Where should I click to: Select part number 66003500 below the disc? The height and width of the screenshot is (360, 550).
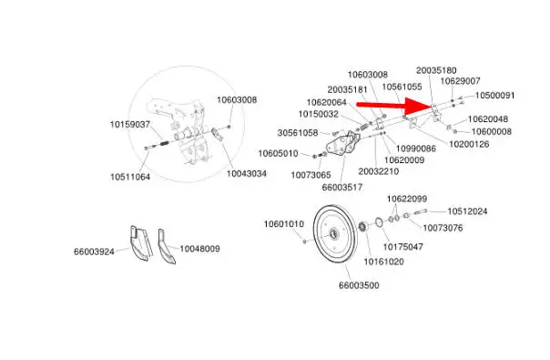(x=359, y=285)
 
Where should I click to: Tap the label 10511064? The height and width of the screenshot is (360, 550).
(x=130, y=177)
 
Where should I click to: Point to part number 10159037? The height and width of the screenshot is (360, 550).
(x=130, y=124)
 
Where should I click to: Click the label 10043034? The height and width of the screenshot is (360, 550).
(x=247, y=173)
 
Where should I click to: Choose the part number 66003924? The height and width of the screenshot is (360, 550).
(x=94, y=252)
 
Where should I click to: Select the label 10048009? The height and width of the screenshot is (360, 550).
(x=199, y=249)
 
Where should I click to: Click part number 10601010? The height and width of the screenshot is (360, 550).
(x=284, y=223)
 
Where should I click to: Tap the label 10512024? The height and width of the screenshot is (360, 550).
(x=467, y=211)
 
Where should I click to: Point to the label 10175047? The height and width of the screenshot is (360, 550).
(x=402, y=247)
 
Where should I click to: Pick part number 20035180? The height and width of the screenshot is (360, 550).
(x=436, y=70)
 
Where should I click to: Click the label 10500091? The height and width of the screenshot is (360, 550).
(x=495, y=95)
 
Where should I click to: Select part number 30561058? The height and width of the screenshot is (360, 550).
(x=298, y=133)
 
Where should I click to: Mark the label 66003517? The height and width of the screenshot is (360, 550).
(x=342, y=187)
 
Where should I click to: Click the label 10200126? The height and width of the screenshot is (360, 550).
(x=469, y=144)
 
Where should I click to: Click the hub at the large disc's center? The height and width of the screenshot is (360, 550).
(x=333, y=233)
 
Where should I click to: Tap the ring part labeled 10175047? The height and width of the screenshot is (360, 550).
(x=379, y=222)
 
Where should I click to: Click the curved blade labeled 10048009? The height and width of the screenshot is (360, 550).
(x=165, y=248)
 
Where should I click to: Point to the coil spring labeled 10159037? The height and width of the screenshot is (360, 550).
(x=164, y=143)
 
